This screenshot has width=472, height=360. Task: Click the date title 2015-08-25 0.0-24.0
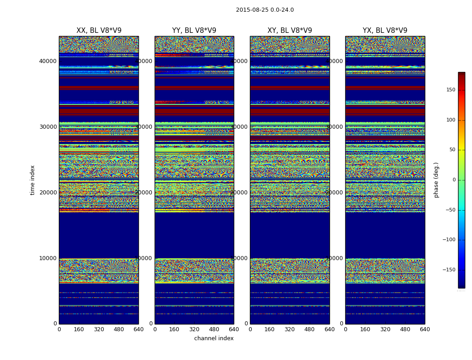[x=265, y=10]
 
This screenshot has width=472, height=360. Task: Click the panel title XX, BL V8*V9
[x=99, y=31]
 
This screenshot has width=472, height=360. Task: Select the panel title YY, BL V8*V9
[x=194, y=31]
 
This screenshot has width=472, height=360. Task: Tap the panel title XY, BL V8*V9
[x=289, y=31]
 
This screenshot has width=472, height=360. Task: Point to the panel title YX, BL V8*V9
[x=385, y=31]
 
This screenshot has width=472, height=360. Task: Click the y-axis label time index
[x=32, y=180]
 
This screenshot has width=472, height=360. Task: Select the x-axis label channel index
[x=214, y=338]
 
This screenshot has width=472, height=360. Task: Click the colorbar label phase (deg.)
[x=436, y=180]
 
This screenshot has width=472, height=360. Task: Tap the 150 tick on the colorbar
[x=450, y=90]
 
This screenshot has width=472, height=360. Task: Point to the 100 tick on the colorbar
[x=450, y=120]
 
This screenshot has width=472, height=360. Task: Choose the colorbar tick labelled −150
[x=448, y=270]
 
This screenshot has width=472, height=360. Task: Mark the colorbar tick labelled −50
[x=450, y=210]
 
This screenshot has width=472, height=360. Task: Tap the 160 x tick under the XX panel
[x=79, y=329]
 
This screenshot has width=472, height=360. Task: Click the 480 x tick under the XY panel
[x=310, y=329]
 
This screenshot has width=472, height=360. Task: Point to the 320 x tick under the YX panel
[x=385, y=329]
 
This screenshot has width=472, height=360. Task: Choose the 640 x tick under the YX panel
[x=425, y=329]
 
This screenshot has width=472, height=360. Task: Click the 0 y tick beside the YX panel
[x=342, y=324]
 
